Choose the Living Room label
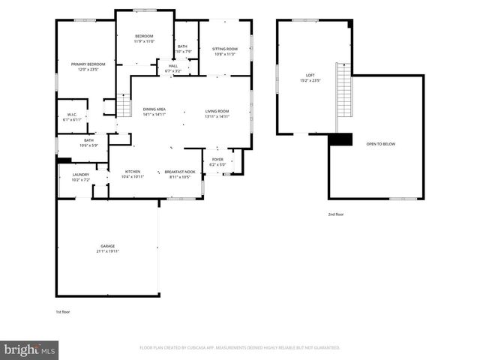pos(217,113)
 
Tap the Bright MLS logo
pos(29,349)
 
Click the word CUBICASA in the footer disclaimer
pos(212,348)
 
